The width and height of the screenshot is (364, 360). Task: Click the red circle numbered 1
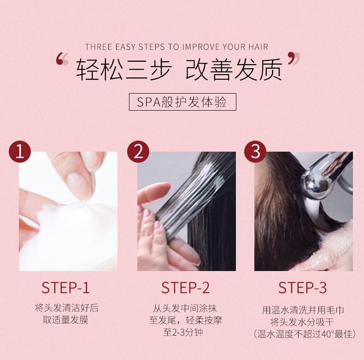click(x=20, y=152)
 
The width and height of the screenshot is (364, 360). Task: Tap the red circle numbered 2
click(x=138, y=152)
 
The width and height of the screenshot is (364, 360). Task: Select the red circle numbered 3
click(x=255, y=152)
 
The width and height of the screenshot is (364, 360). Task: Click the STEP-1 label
click(x=65, y=288)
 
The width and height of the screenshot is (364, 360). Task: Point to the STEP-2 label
click(x=185, y=288)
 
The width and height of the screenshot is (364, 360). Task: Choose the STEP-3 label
click(x=302, y=288)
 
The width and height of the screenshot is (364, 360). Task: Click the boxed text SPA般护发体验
click(x=182, y=102)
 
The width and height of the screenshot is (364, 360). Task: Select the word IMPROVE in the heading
click(x=201, y=47)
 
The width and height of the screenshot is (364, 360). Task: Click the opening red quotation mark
click(x=62, y=59)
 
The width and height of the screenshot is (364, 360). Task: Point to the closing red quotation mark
click(x=294, y=59)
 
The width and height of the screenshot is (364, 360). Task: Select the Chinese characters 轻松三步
click(x=124, y=70)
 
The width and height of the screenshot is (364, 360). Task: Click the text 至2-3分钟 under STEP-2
click(x=183, y=332)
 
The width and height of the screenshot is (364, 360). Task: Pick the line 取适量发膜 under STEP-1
click(x=66, y=320)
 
